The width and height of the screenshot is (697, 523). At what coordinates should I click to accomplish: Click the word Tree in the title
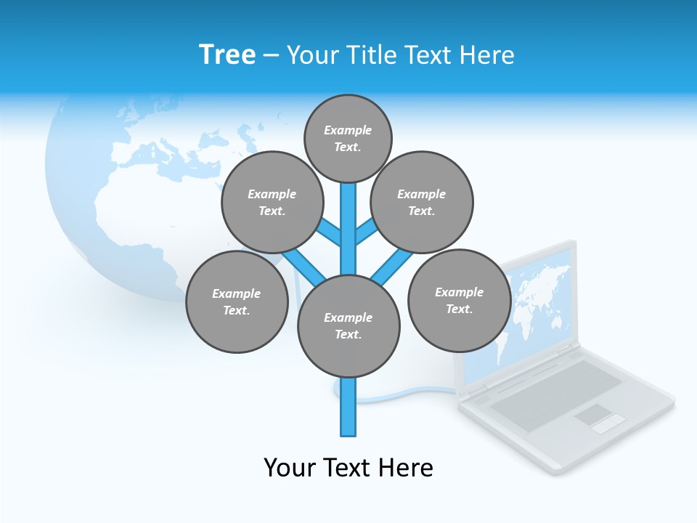227,54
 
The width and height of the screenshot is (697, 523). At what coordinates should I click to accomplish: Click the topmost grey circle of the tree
348,138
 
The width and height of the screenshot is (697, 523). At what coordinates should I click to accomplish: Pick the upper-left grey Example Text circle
272,202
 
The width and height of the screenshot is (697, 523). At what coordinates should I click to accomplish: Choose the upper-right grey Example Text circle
422,202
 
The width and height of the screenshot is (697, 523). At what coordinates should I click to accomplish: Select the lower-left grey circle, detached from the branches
237,301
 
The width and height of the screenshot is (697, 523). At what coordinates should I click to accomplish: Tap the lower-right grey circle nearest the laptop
459,300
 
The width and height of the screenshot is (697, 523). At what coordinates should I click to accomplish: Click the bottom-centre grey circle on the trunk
348,325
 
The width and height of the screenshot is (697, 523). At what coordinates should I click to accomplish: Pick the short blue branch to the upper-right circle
366,232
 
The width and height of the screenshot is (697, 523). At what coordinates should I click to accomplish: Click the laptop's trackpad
594,416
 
